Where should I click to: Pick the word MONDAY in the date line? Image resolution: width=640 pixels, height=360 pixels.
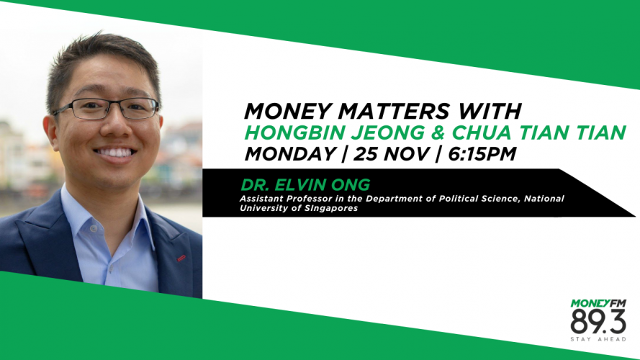tap(290, 154)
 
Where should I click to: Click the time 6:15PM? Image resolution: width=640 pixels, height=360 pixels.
tap(482, 154)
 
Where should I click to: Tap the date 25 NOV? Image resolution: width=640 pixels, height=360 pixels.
tap(391, 154)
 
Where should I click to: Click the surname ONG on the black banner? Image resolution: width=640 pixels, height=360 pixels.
tap(351, 185)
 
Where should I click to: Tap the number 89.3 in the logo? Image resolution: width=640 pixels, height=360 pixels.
tap(598, 322)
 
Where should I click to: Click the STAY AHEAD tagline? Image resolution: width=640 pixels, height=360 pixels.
tap(598, 339)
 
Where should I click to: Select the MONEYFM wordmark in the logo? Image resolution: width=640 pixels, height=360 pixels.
tap(598, 303)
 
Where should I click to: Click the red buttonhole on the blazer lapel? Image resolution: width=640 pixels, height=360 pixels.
tap(181, 258)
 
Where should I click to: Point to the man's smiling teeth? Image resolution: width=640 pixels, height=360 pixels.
tap(114, 153)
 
